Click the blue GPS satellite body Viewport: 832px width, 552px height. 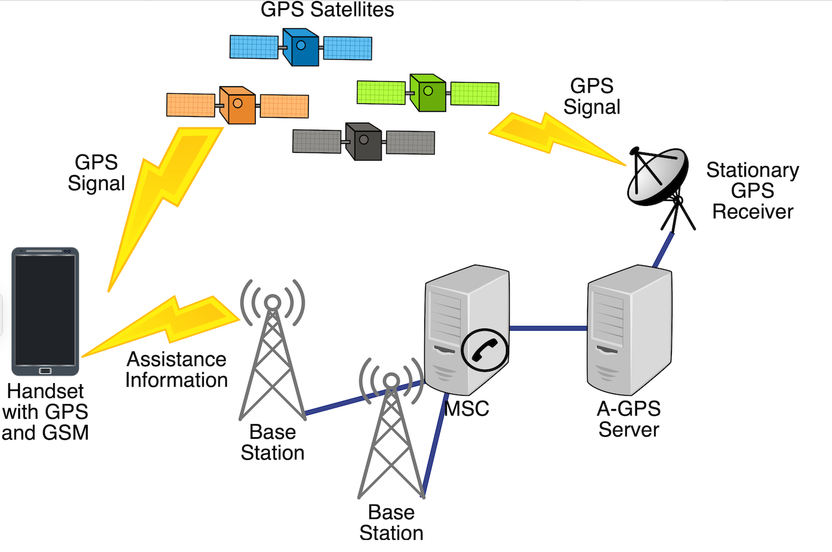(301, 47)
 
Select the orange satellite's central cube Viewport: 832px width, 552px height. (238, 105)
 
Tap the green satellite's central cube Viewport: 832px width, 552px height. (428, 93)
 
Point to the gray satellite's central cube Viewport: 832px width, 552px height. (364, 141)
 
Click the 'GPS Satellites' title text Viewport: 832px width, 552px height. (327, 10)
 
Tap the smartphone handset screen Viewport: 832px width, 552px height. (45, 309)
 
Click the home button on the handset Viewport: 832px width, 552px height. (45, 370)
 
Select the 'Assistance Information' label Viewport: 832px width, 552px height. (177, 370)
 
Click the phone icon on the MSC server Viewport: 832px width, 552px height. (484, 349)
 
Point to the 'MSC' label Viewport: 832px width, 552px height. (467, 409)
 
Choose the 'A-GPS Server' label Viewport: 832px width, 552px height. (629, 419)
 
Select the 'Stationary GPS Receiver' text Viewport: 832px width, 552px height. (753, 191)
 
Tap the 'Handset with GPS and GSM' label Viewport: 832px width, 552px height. (45, 412)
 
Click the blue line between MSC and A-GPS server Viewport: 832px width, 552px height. (548, 328)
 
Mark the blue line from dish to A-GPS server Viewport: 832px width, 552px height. (664, 250)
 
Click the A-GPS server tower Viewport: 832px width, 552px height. (629, 328)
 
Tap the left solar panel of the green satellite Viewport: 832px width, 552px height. (381, 92)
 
